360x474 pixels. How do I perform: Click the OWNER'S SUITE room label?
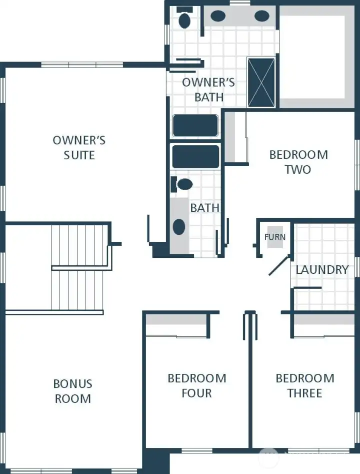click(x=79, y=148)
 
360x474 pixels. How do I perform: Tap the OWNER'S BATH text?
click(x=208, y=90)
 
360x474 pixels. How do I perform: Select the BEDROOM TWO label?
click(x=298, y=162)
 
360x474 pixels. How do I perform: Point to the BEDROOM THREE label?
click(x=304, y=385)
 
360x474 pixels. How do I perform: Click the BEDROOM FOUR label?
click(x=196, y=385)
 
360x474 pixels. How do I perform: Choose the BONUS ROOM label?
click(x=73, y=391)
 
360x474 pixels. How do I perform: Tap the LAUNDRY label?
click(x=321, y=270)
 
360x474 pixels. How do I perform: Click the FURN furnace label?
click(x=274, y=237)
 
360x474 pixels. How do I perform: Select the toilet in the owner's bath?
click(x=184, y=20)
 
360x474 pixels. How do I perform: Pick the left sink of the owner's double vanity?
click(x=217, y=16)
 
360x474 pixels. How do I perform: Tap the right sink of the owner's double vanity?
click(x=261, y=16)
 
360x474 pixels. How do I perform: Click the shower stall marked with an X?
click(x=261, y=83)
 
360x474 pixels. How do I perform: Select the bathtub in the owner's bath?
click(x=195, y=126)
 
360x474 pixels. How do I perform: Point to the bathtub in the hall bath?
click(x=195, y=157)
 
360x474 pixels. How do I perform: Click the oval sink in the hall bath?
click(x=179, y=227)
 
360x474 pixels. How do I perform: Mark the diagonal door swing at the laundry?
click(x=279, y=266)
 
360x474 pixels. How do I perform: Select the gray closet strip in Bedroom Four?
click(x=176, y=319)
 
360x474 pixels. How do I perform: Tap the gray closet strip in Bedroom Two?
click(x=229, y=137)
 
